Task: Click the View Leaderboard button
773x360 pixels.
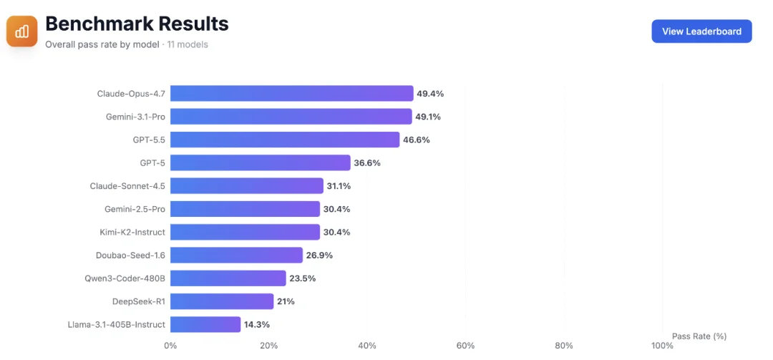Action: tap(701, 31)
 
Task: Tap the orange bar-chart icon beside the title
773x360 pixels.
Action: tap(22, 31)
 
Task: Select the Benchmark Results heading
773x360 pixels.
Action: tap(137, 24)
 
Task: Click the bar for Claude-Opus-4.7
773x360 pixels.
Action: tap(292, 93)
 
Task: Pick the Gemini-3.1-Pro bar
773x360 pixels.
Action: tap(291, 117)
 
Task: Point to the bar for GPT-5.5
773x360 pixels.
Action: tap(285, 140)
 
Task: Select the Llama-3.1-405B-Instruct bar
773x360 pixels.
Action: tap(205, 324)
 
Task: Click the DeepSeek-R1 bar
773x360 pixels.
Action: tap(222, 301)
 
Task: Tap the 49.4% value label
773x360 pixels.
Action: tap(430, 94)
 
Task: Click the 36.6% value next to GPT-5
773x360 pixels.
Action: tap(367, 162)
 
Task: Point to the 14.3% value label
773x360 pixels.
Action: tap(257, 324)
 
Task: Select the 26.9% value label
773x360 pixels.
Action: tap(319, 256)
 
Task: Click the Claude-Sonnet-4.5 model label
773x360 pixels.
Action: tap(127, 186)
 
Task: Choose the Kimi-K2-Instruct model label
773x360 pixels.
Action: tap(132, 233)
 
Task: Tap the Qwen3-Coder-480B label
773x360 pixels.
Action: tap(125, 278)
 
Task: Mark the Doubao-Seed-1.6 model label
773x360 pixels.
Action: tap(131, 256)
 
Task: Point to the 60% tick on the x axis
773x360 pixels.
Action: tap(465, 346)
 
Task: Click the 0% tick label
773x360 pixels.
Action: tap(170, 346)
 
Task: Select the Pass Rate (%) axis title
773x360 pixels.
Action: tap(699, 336)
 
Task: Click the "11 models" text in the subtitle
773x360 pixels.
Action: tap(188, 45)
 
